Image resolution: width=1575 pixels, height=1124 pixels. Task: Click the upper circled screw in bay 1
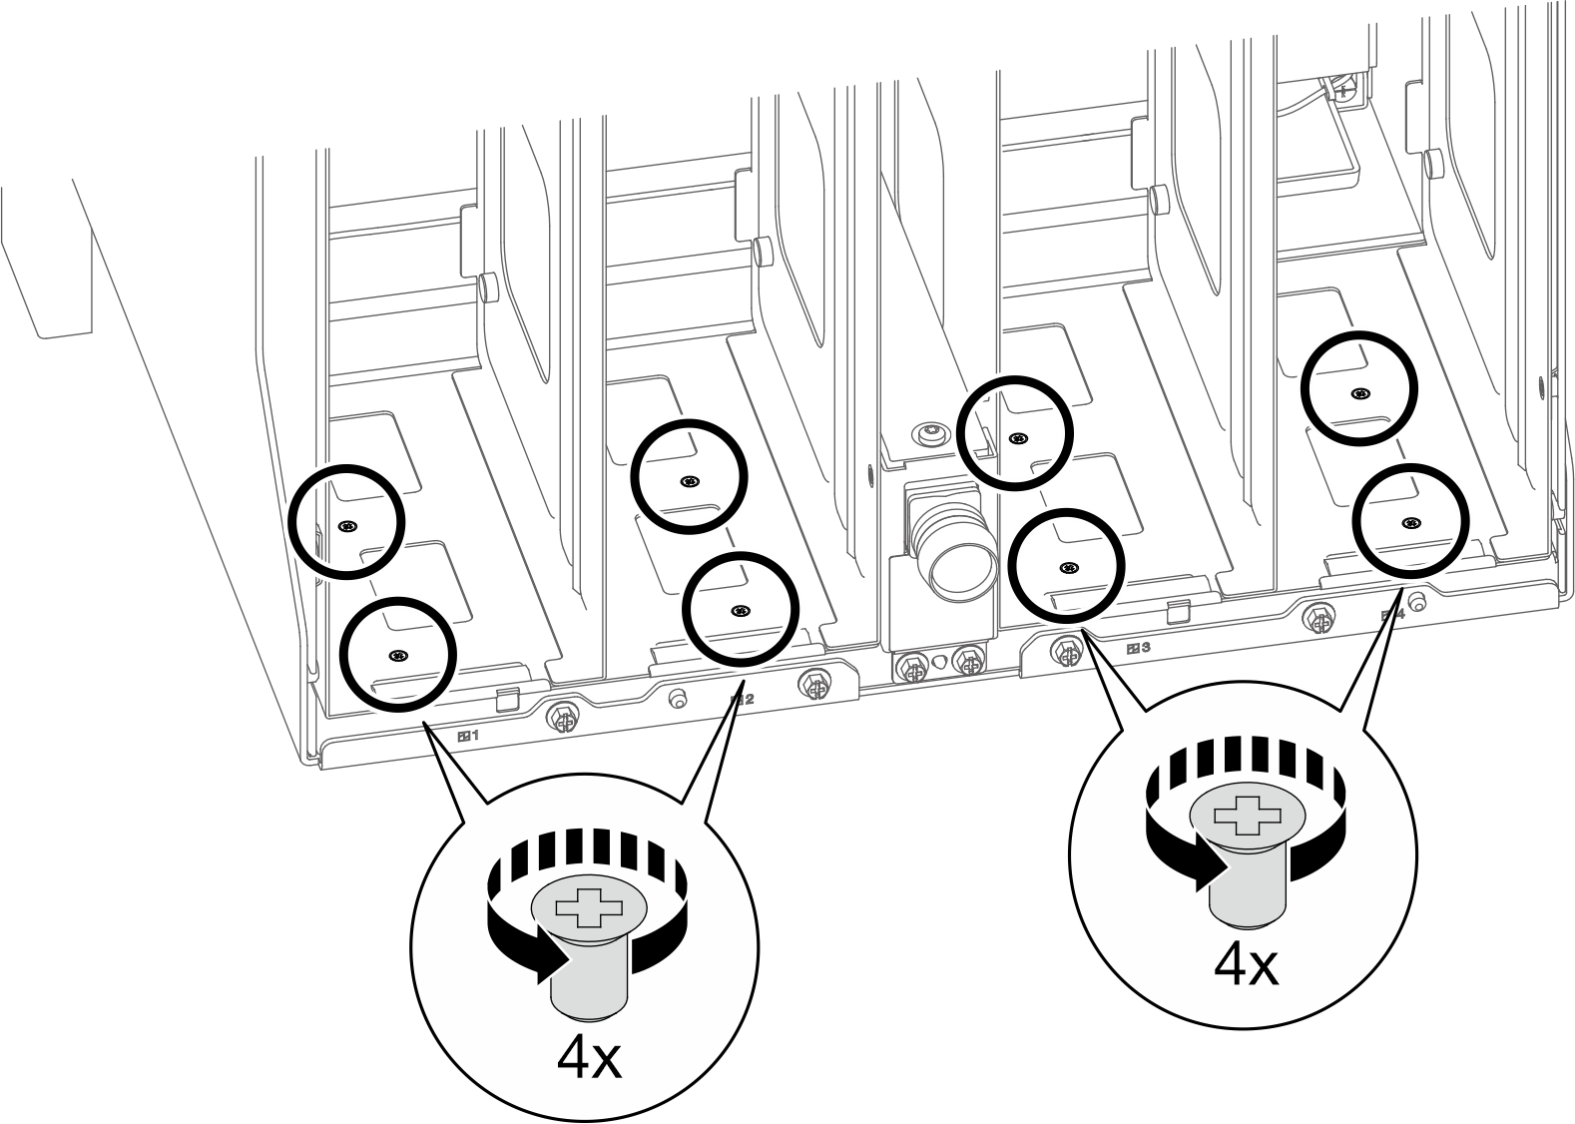346,527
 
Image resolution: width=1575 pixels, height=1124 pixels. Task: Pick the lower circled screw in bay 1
398,655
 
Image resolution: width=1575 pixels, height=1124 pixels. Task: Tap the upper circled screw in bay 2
689,482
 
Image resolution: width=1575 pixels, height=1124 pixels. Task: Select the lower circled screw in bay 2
741,611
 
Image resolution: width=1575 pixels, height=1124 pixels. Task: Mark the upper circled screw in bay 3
1017,438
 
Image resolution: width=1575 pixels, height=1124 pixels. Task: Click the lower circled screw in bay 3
1068,568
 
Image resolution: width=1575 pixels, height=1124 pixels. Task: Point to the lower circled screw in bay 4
1410,522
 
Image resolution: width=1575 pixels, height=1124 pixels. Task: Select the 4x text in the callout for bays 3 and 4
1246,964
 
